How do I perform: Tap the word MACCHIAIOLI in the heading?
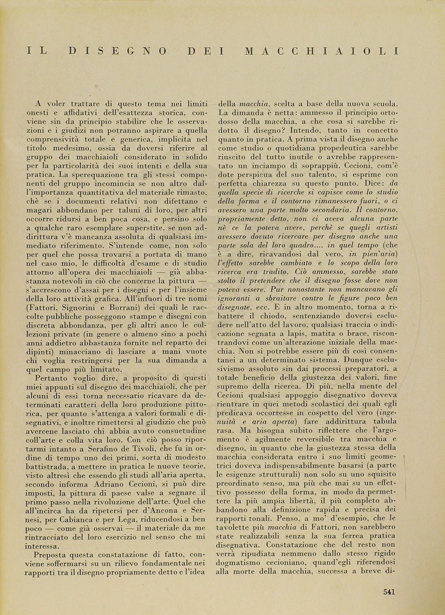[x=322, y=51]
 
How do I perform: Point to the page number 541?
[x=389, y=592]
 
